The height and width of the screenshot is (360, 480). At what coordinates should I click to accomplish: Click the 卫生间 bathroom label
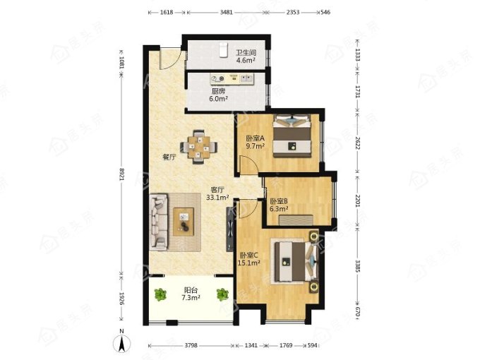pos(246,53)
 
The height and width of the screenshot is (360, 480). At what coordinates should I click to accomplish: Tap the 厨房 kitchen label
pos(219,91)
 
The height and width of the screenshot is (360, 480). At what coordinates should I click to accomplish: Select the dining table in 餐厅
pos(198,147)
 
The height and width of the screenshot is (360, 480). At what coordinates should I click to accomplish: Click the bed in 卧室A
pos(292,136)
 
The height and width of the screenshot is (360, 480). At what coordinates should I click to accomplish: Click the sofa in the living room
pos(159,222)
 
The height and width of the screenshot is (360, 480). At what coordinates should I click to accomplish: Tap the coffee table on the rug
pos(184,222)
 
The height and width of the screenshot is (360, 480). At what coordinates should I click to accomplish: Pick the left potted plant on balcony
pos(160,295)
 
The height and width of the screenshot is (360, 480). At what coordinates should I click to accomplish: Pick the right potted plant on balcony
pos(222,295)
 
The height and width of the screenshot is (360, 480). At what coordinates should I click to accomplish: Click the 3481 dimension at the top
pos(226,13)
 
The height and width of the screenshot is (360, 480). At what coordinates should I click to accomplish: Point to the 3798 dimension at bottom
pos(191,346)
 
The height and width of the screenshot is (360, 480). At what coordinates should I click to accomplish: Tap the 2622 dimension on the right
pos(358,143)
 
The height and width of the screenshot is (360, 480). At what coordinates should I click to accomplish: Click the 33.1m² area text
pos(217,198)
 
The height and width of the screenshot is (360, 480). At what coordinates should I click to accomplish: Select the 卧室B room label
pos(279,201)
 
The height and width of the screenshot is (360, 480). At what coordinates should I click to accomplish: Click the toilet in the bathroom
pos(223,50)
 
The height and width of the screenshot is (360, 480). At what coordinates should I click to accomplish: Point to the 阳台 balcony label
pos(191,290)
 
